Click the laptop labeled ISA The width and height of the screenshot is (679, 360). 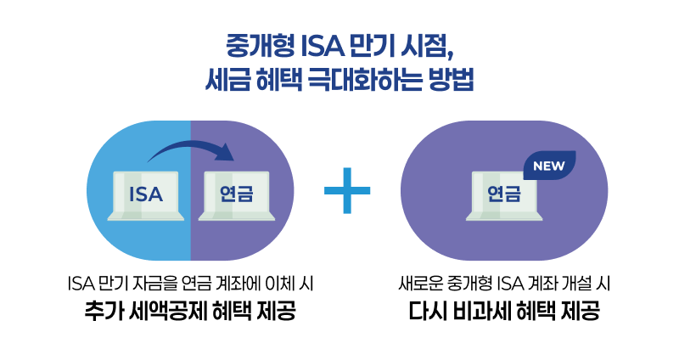click(x=145, y=196)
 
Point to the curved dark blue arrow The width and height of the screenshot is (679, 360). click(x=191, y=150)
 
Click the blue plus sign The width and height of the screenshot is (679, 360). click(x=348, y=190)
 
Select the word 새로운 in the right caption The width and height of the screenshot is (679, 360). click(x=418, y=284)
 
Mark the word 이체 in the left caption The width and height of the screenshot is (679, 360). click(x=299, y=284)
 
